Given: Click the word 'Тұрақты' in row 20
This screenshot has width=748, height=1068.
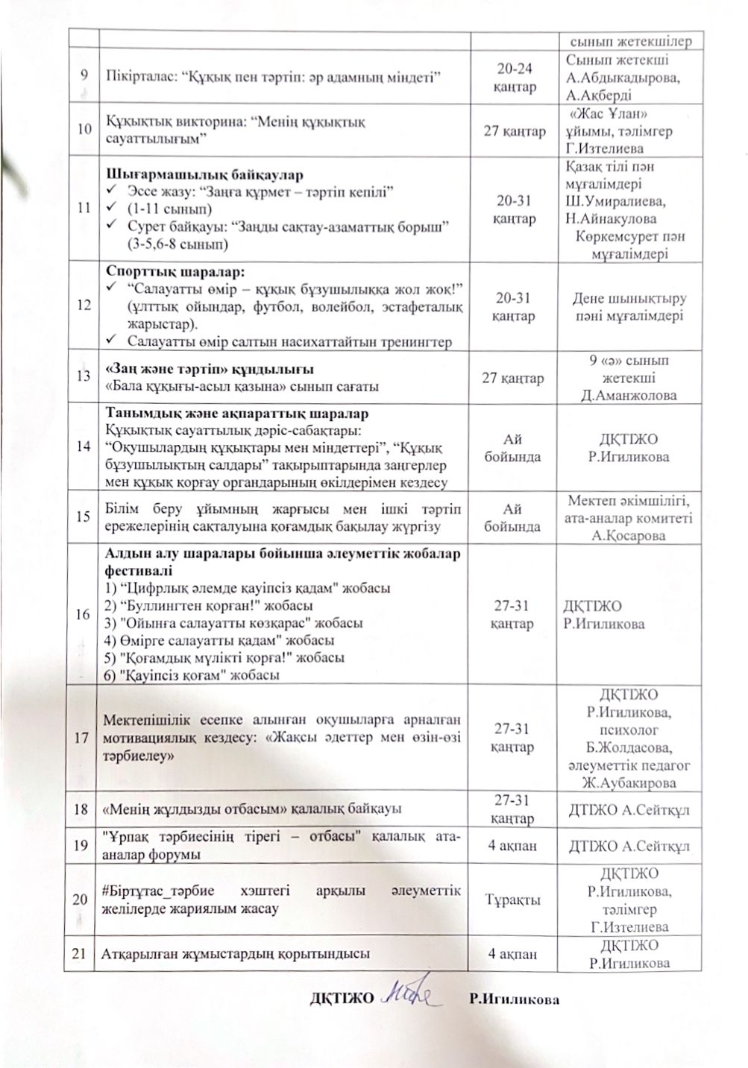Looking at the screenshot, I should click(514, 900).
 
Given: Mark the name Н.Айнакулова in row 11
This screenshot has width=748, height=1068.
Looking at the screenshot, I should click(611, 219).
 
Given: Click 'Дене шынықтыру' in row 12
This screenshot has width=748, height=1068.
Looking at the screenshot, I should click(629, 299).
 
